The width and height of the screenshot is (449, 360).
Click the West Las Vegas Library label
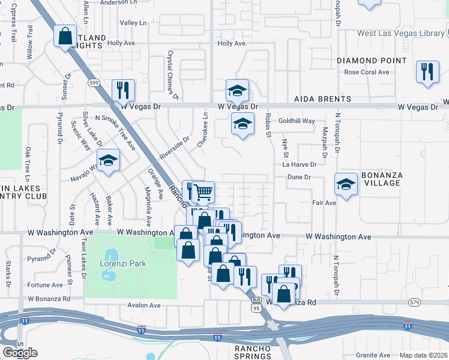point(400,33)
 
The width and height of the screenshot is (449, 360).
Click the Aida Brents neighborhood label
point(322,99)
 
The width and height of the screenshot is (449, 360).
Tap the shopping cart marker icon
point(203,192)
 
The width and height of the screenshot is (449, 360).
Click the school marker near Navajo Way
point(109,161)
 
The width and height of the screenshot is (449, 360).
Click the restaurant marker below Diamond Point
point(427,71)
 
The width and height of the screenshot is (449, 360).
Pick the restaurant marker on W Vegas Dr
point(123,90)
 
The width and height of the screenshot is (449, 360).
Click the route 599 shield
point(93,83)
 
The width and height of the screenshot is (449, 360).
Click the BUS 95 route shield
point(256,305)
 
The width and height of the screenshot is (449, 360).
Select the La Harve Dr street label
point(299,164)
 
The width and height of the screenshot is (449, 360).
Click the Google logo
point(20,353)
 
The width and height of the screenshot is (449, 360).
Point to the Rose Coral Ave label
point(366,72)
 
